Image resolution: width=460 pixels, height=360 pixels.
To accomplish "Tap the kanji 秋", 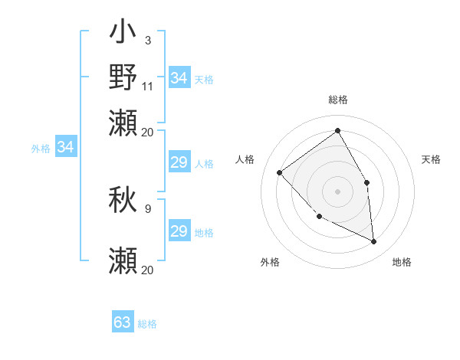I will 123,201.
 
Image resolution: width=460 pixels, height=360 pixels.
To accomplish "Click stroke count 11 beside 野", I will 148,85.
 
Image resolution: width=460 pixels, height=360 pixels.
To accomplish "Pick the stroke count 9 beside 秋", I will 147,208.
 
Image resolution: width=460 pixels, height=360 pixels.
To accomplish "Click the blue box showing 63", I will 123,322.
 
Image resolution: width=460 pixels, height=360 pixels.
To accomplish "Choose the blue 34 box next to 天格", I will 179,78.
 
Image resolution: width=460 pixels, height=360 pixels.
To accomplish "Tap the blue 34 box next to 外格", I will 65,147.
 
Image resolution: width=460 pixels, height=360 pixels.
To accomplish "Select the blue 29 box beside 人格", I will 179,162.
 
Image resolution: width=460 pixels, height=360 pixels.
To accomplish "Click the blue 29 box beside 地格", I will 179,231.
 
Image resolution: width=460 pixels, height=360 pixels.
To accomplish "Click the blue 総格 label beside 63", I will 147,324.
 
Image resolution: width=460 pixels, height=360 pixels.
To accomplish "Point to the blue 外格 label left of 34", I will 41,149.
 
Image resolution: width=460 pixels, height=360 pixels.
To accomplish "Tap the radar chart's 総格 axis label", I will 337,100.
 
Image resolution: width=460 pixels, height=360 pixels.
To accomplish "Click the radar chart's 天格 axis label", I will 431,159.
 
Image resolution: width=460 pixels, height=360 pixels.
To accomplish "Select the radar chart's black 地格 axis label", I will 402,262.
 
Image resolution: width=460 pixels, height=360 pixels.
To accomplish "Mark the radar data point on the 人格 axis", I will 280,172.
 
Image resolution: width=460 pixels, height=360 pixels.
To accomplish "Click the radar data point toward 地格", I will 373,242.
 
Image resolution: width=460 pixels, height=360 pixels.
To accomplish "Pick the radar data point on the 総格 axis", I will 337,130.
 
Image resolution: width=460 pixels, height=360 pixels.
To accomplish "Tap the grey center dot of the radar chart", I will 337,191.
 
